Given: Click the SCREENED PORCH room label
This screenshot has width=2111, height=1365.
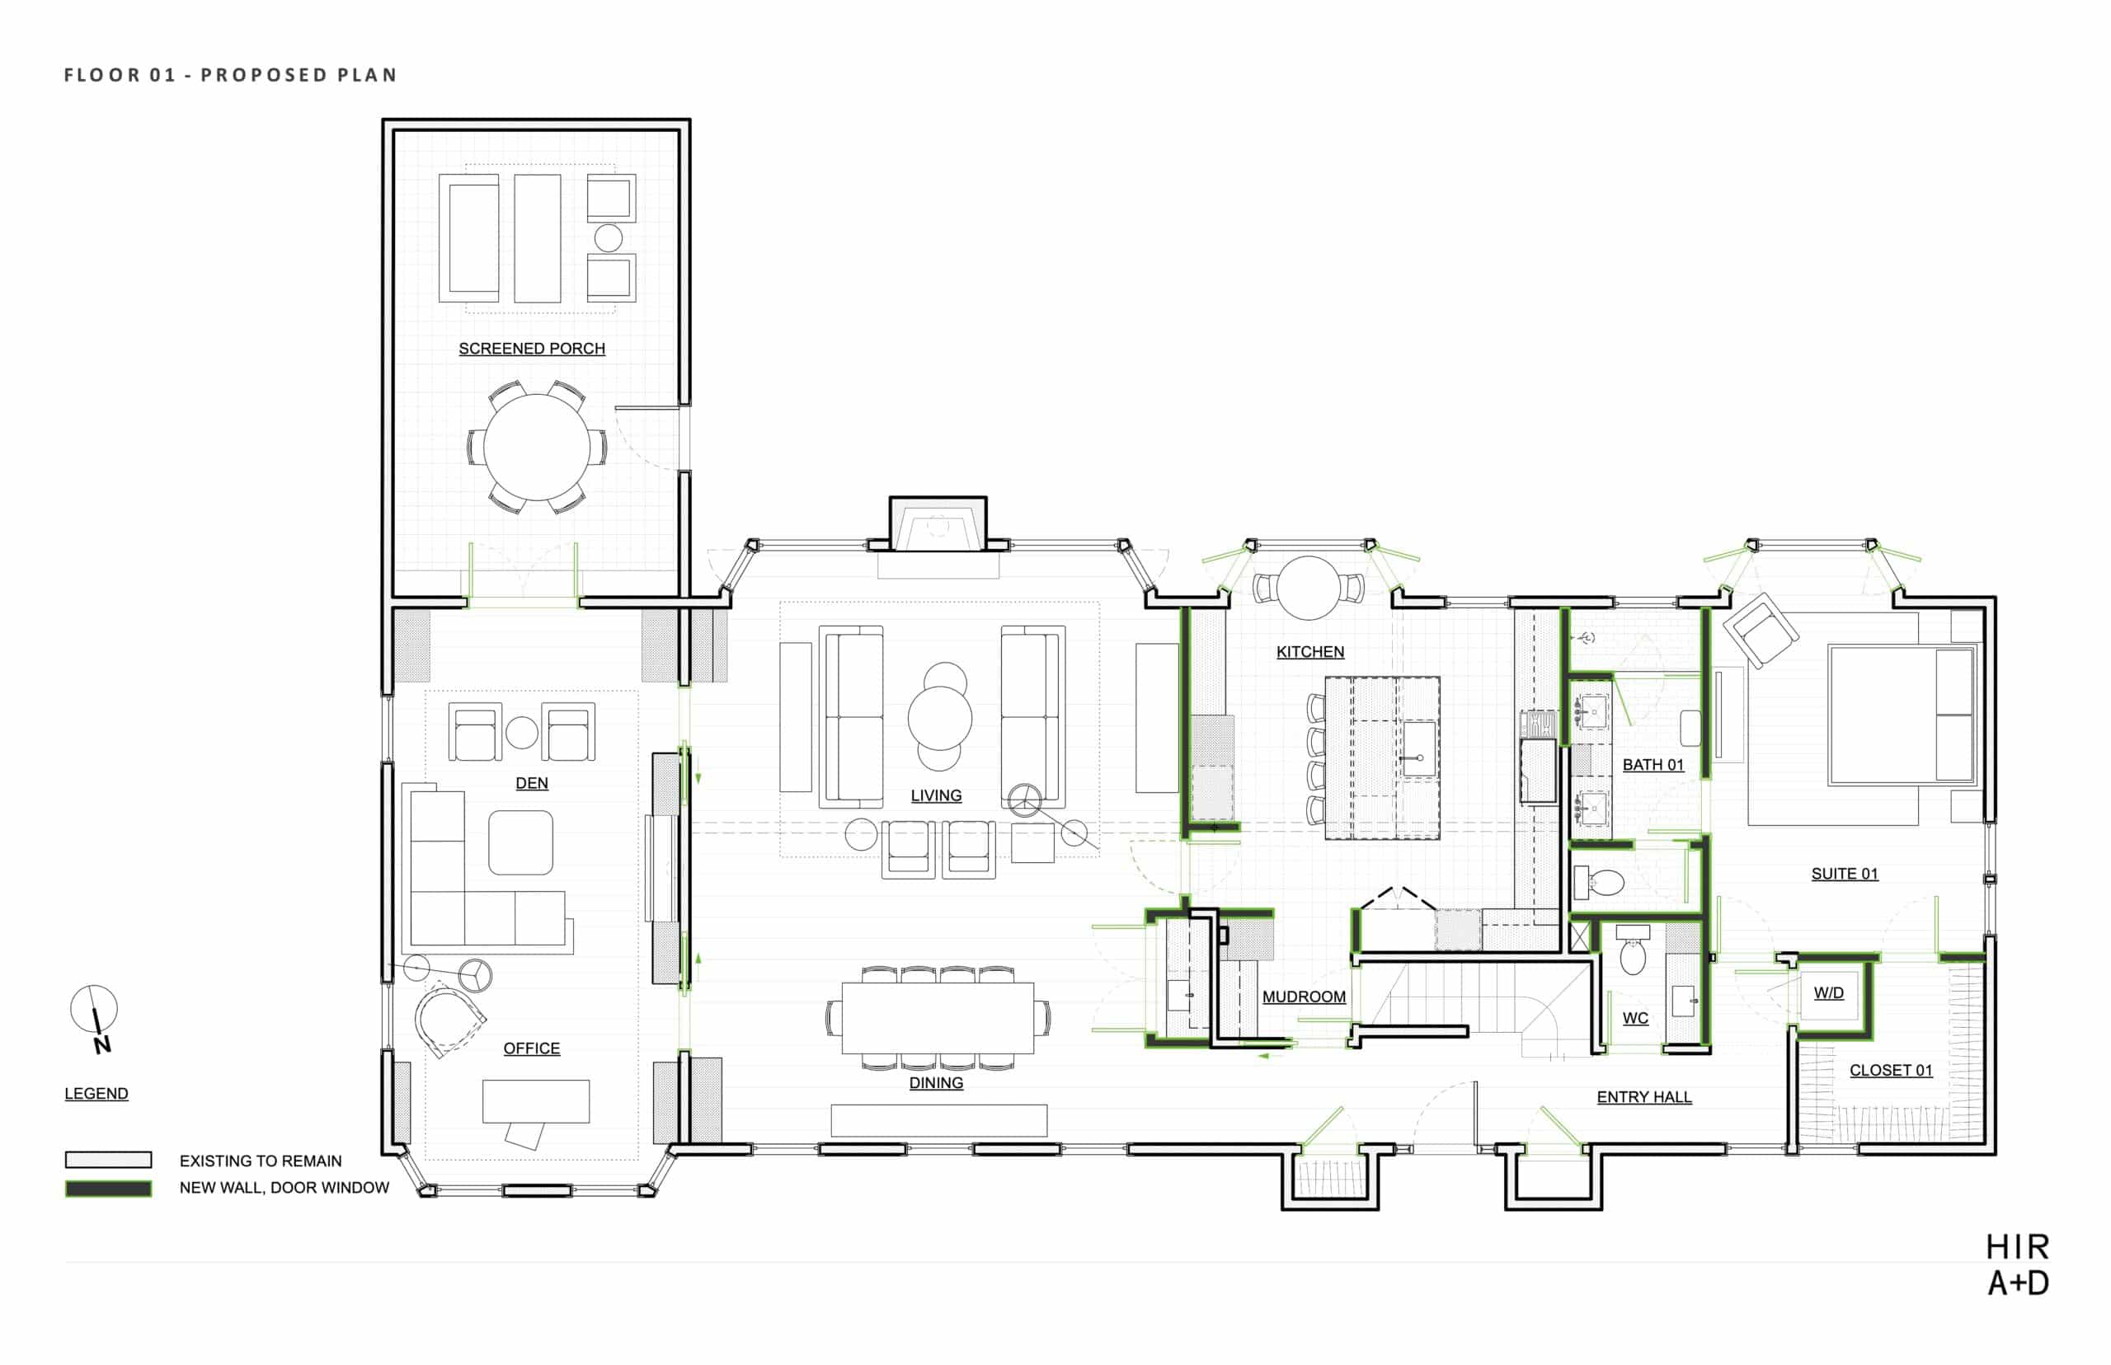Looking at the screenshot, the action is click(x=532, y=349).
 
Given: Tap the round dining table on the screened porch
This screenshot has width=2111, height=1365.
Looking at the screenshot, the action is click(x=536, y=447).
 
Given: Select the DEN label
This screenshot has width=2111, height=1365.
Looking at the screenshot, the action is click(x=532, y=783).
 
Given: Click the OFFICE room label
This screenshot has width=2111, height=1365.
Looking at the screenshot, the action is click(x=532, y=1048).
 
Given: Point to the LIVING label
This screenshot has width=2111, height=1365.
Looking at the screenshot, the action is click(x=936, y=795).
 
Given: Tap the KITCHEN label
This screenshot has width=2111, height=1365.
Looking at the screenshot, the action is click(x=1310, y=651).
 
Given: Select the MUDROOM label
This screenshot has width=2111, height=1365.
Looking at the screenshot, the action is click(x=1305, y=997).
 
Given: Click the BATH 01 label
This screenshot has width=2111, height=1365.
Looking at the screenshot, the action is click(x=1653, y=764).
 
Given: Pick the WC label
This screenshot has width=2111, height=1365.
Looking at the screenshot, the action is click(x=1636, y=1017).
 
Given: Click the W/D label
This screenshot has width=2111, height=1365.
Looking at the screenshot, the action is click(x=1829, y=992).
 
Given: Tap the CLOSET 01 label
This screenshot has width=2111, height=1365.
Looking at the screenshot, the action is click(x=1891, y=1070).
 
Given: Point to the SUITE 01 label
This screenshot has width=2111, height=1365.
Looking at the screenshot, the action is click(x=1845, y=873).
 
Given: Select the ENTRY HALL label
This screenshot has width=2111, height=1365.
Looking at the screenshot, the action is click(x=1644, y=1096).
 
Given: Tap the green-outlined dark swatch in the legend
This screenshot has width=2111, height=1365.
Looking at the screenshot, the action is click(x=108, y=1189).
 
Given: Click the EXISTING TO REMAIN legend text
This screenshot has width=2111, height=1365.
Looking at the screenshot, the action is click(x=261, y=1161).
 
